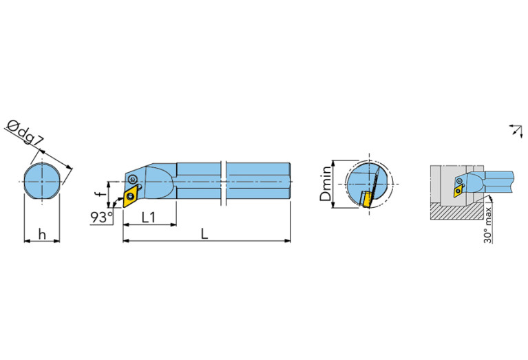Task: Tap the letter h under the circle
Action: pyautogui.click(x=41, y=234)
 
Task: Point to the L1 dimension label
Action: pyautogui.click(x=148, y=218)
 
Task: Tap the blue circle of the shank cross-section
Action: pyautogui.click(x=41, y=181)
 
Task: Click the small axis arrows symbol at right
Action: pyautogui.click(x=514, y=130)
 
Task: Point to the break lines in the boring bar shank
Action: pyautogui.click(x=224, y=182)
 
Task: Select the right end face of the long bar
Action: pyautogui.click(x=289, y=182)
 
